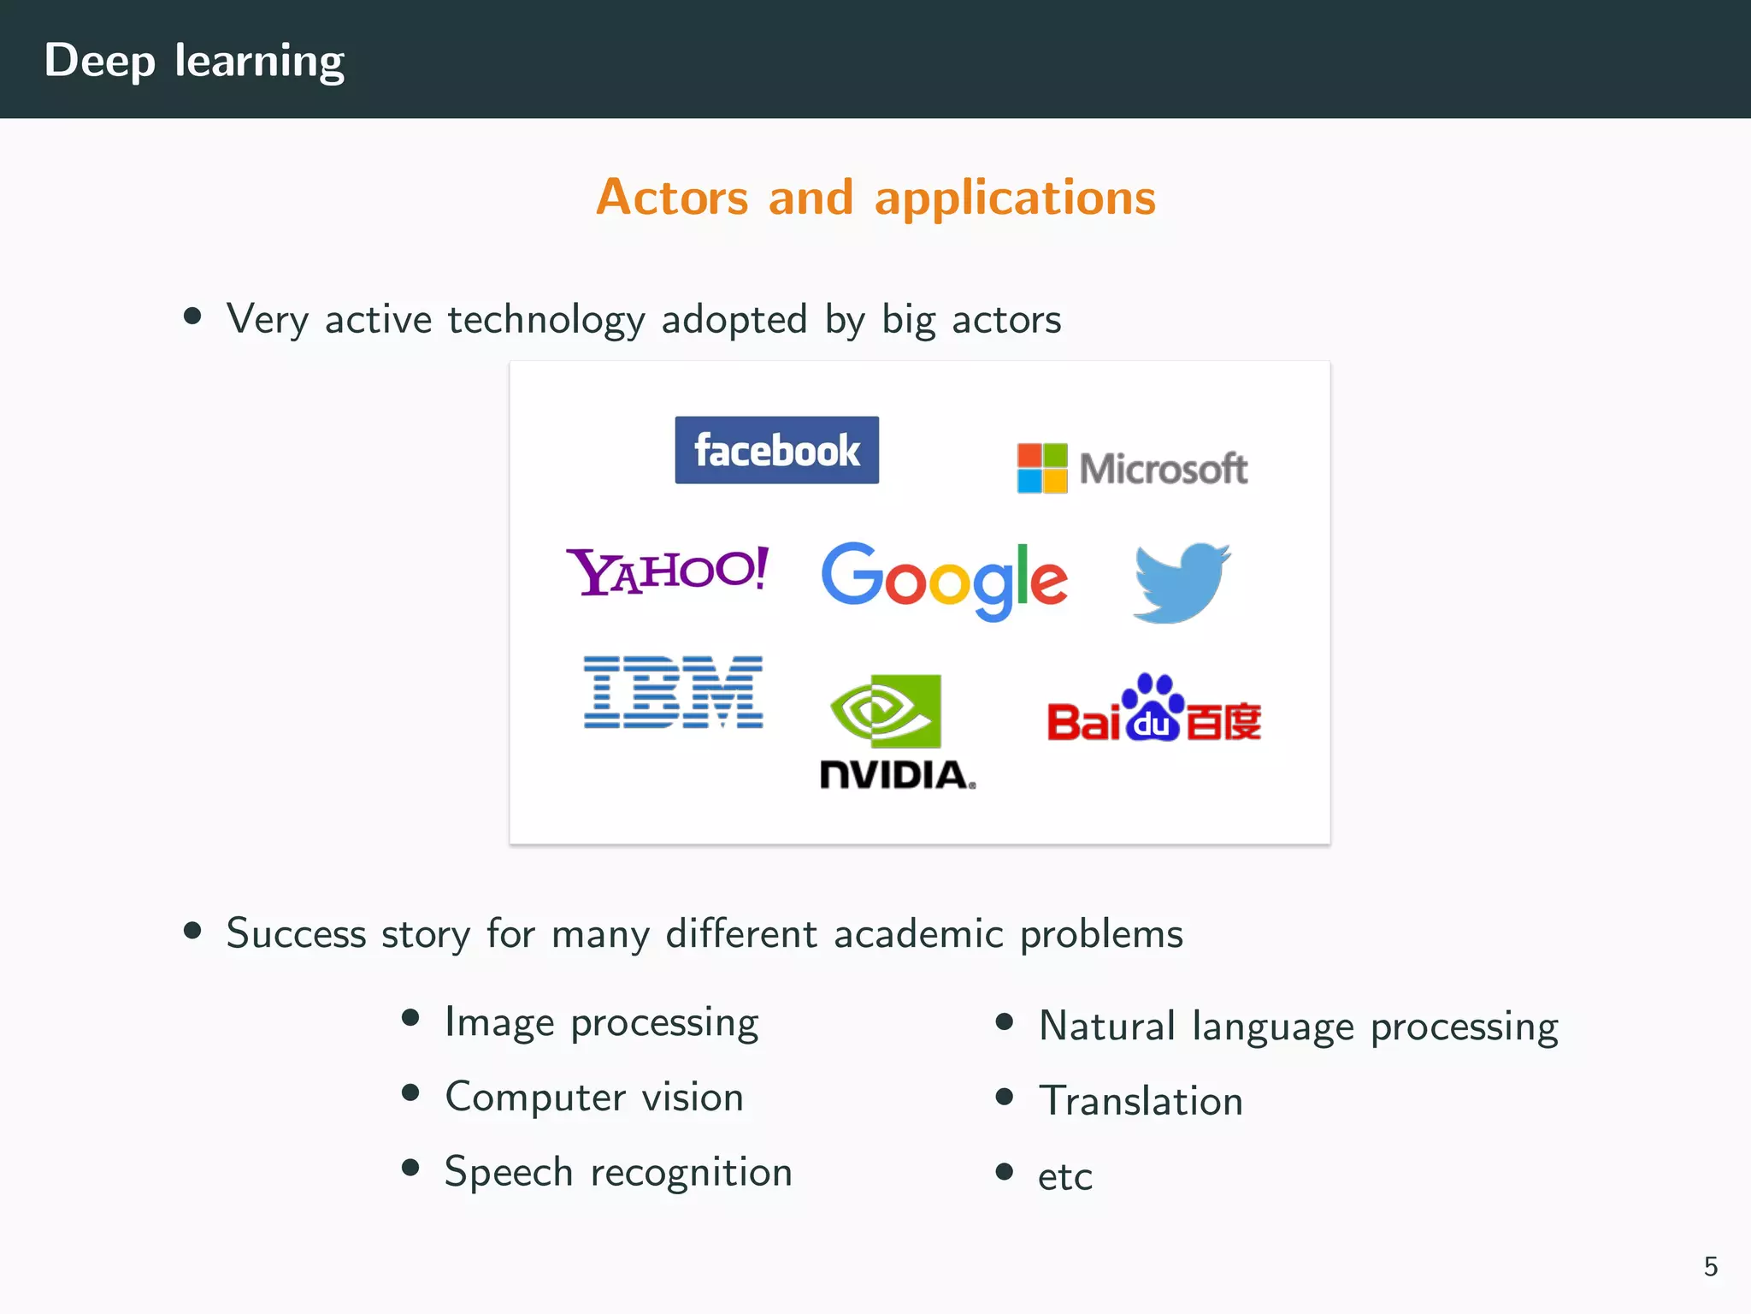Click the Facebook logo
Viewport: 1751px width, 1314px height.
(776, 450)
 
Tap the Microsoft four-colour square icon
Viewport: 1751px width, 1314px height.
(1041, 468)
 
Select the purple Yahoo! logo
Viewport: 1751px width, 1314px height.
(667, 571)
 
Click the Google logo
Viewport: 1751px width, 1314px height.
(944, 580)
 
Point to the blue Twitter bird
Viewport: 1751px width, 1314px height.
(1182, 582)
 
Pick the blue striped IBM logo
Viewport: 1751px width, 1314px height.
(673, 692)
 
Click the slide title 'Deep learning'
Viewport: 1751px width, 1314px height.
(194, 61)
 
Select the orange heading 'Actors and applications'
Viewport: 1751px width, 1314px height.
(875, 197)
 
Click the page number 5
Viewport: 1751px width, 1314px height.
(1710, 1266)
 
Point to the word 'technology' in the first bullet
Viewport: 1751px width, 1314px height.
(545, 320)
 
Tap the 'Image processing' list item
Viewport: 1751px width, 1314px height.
(601, 1022)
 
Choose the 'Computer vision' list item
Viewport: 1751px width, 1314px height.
(594, 1098)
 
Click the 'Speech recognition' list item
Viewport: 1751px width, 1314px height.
(618, 1172)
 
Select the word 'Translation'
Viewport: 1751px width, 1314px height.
(1141, 1101)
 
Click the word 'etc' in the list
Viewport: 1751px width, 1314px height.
(1064, 1177)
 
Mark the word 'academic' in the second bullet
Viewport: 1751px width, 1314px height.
(918, 933)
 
